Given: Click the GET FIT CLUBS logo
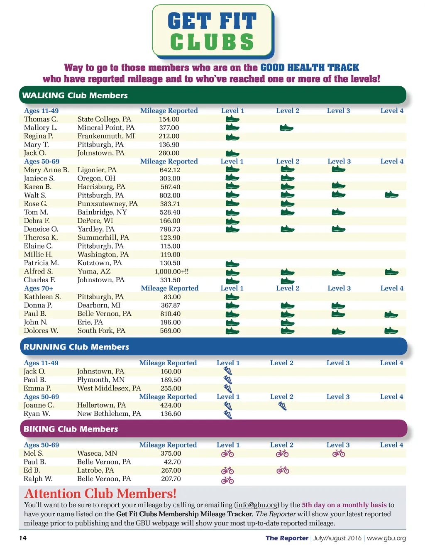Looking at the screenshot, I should click(212, 32).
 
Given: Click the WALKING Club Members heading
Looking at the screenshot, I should click(75, 95).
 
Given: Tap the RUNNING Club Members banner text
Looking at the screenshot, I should click(76, 347).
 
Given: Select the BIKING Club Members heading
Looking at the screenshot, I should click(71, 429).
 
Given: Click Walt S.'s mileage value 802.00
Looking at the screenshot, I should click(170, 195).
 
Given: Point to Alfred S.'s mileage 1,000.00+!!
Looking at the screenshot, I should click(171, 271).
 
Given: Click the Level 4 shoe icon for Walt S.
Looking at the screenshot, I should click(391, 195).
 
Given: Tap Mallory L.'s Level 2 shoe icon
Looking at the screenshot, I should click(286, 127).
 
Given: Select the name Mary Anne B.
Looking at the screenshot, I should click(46, 170).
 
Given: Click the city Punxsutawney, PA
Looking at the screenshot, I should click(107, 204).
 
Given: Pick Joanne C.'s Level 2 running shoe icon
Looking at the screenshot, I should click(282, 405).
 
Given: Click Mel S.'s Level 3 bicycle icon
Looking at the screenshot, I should click(339, 454).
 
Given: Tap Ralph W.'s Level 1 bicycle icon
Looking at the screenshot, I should click(227, 480).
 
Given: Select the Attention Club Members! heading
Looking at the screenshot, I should click(100, 493).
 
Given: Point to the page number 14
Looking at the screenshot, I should click(23, 538).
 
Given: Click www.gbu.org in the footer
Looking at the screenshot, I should click(386, 538).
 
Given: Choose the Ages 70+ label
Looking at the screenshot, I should click(39, 288).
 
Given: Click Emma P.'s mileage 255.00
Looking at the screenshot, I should click(171, 388).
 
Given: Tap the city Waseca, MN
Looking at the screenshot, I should click(97, 454).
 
